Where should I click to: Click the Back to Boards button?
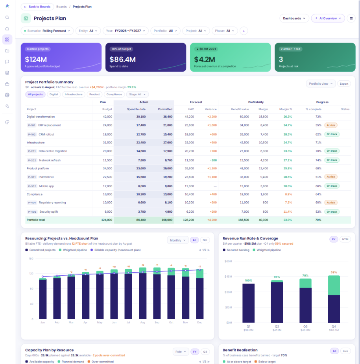pyautogui.click(x=37, y=7)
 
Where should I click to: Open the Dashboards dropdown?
pyautogui.click(x=294, y=19)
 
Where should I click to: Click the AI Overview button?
pyautogui.click(x=328, y=19)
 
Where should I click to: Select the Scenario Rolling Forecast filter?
pyautogui.click(x=47, y=31)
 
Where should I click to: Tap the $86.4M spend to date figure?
pyautogui.click(x=122, y=59)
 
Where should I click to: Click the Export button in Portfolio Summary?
pyautogui.click(x=344, y=84)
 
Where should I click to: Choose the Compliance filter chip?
pyautogui.click(x=114, y=95)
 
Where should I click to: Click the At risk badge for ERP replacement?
pyautogui.click(x=331, y=125)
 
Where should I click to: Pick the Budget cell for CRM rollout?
pyautogui.click(x=107, y=134)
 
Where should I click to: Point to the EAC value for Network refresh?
pyautogui.click(x=189, y=160)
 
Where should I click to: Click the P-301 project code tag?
pyautogui.click(x=32, y=177)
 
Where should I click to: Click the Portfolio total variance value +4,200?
pyautogui.click(x=212, y=220)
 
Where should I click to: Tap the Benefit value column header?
pyautogui.click(x=240, y=110)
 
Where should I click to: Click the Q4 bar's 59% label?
pyautogui.click(x=334, y=272)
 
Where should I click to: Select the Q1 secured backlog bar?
pyautogui.click(x=248, y=303)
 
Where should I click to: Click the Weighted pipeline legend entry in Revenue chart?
pyautogui.click(x=267, y=250)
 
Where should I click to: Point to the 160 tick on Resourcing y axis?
pyautogui.click(x=31, y=258)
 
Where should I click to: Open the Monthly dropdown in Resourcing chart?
pyautogui.click(x=177, y=240)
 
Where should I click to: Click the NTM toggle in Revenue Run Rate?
pyautogui.click(x=345, y=240)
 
